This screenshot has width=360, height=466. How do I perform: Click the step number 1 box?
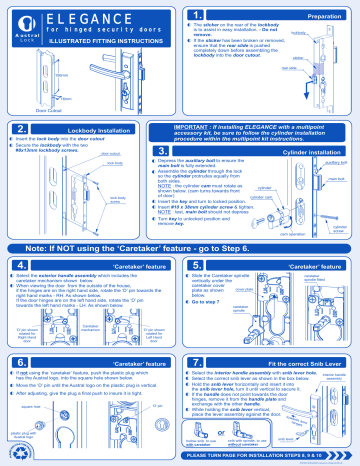(x=198, y=16)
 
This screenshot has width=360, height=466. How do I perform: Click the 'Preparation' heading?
(x=320, y=16)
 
